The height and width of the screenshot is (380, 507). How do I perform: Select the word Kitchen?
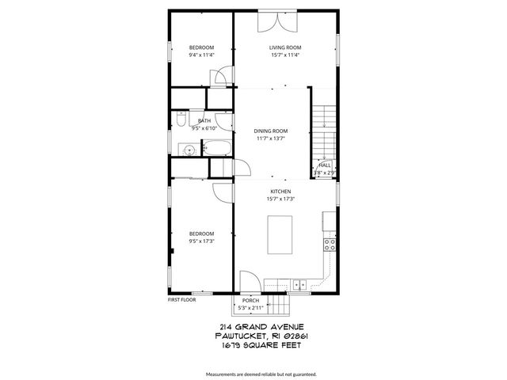coord(281,192)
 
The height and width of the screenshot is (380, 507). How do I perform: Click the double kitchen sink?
coord(299,284)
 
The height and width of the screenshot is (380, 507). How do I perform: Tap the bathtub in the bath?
coord(217,148)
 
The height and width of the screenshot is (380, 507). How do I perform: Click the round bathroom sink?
coord(189,149)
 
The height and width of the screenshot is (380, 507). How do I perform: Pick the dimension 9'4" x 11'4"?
coord(201,55)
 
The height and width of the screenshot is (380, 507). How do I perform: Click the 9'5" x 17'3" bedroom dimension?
coord(201,241)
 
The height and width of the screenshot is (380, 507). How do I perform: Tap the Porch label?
coord(250,301)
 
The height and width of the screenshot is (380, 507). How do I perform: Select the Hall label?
coord(325,165)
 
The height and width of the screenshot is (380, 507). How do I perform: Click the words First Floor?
coord(181,300)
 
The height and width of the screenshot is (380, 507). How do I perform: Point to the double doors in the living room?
coord(272,21)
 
